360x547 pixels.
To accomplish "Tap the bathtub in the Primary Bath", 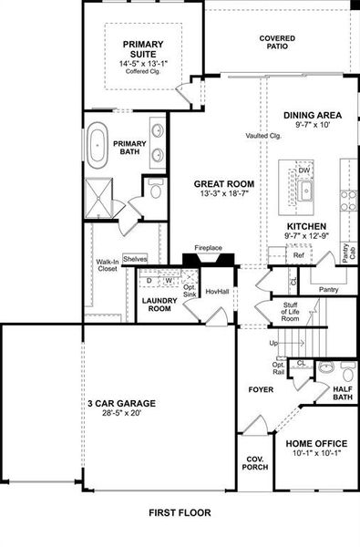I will point(98,145).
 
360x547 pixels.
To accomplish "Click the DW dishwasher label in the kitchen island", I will point(304,170).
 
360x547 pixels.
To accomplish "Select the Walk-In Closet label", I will point(108,266).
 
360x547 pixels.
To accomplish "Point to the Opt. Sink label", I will point(190,290).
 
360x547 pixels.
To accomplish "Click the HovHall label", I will point(217,292).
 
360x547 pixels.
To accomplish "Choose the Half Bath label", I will point(343,392).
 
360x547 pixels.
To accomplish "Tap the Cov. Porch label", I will point(254,463).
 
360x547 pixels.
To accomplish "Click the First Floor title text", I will point(180,513).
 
